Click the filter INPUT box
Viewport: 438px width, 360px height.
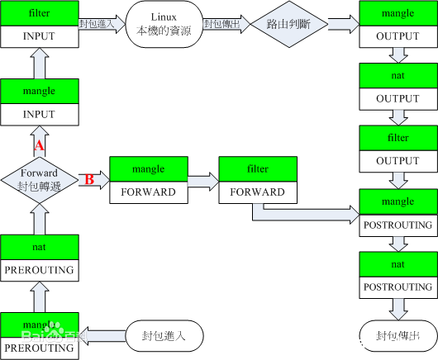click(40, 24)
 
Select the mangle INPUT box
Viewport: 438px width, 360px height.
click(40, 102)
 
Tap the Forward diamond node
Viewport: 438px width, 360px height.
click(39, 178)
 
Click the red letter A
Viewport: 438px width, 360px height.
click(38, 146)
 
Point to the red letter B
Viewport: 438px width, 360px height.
click(89, 178)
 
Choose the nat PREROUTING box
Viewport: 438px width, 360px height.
click(40, 256)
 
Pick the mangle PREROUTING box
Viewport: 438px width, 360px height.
click(40, 334)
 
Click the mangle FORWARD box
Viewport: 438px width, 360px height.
click(149, 179)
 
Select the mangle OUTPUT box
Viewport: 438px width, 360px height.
click(398, 24)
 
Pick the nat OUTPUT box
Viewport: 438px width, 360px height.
click(398, 87)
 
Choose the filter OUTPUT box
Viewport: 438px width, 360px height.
click(398, 149)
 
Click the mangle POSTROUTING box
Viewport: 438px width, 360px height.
click(398, 211)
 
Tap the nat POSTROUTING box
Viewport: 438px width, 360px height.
click(398, 274)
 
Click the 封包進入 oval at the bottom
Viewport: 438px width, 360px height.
click(165, 336)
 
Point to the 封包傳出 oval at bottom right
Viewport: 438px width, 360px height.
click(397, 336)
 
